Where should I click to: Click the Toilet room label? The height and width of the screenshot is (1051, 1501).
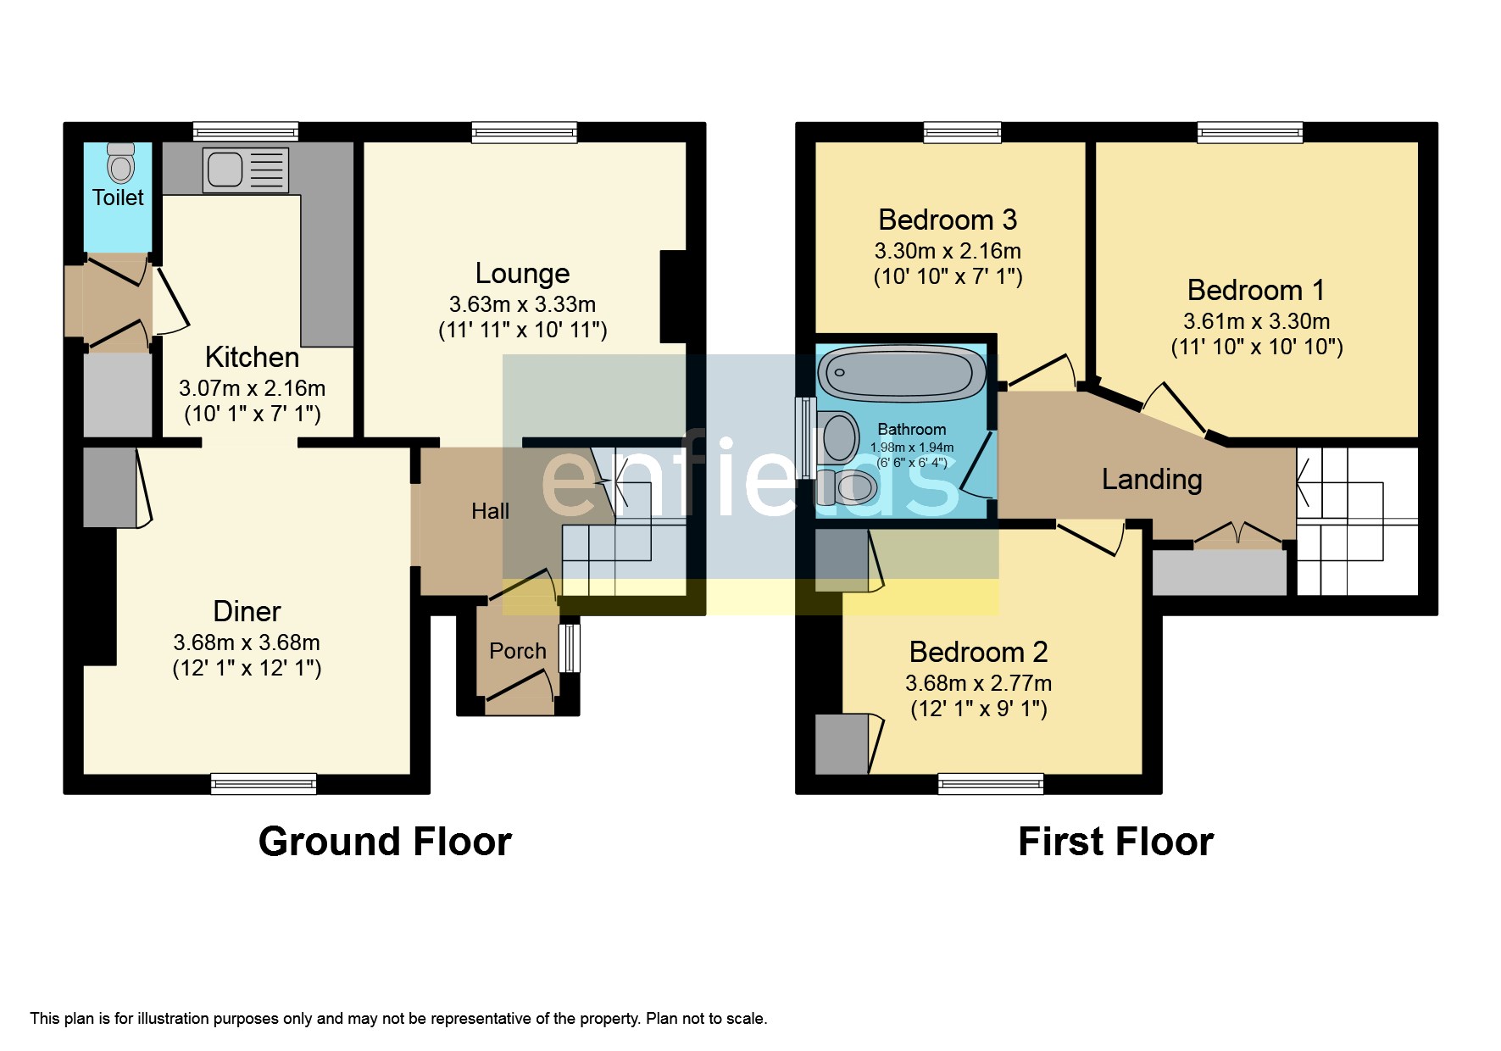click(118, 197)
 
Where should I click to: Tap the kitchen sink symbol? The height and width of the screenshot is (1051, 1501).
click(245, 169)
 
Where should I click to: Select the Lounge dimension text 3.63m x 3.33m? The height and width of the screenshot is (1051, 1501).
click(522, 304)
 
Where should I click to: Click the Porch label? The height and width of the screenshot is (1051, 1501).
click(518, 651)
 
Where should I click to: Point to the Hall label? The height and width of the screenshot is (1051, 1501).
click(490, 511)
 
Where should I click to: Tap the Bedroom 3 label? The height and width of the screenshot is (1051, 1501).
click(947, 220)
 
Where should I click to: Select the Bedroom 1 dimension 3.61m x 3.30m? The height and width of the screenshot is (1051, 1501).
click(1256, 322)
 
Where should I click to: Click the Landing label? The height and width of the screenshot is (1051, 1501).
click(1151, 480)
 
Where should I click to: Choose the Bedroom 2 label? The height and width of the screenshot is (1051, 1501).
click(978, 652)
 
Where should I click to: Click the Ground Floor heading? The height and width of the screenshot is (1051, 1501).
click(385, 842)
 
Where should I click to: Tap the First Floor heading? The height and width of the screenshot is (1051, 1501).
click(1115, 842)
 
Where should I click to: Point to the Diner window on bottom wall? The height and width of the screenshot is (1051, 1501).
click(264, 784)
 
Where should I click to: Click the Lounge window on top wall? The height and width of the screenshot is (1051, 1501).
click(525, 131)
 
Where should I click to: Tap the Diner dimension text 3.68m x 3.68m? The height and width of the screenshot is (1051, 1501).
click(247, 642)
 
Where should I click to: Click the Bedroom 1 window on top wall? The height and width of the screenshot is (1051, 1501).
click(1249, 131)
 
